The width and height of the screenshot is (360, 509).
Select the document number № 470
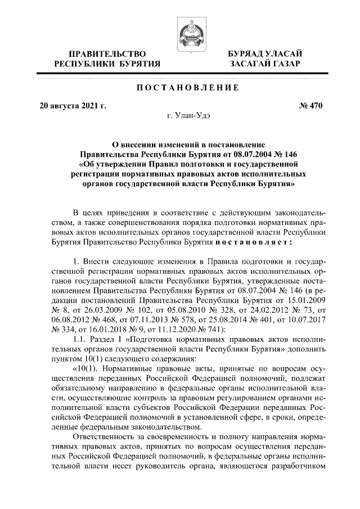(309, 105)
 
